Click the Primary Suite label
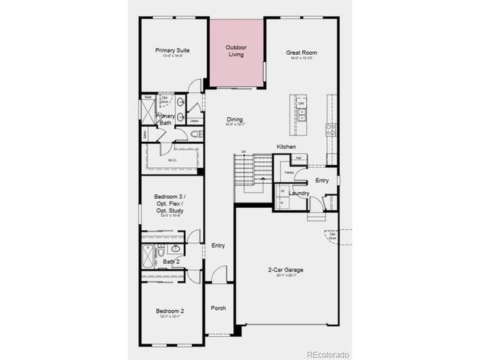(x=172, y=51)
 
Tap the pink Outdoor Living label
(x=236, y=51)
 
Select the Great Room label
(x=301, y=52)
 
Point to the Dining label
(x=235, y=120)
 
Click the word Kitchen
(x=286, y=146)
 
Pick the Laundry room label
(x=298, y=193)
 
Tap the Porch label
(x=218, y=308)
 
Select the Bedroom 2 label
(x=170, y=310)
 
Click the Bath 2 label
(x=171, y=261)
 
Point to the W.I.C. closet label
(x=172, y=160)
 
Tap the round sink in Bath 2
(x=175, y=247)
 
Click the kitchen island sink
(x=301, y=114)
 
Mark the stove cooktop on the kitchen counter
(x=331, y=129)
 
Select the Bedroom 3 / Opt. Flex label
(x=171, y=204)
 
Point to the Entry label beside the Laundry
(x=322, y=181)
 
